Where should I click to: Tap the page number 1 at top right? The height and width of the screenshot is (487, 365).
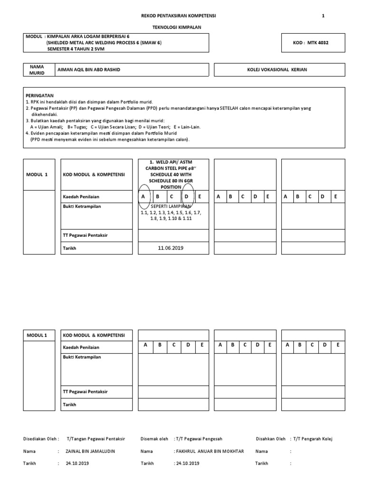click(323, 16)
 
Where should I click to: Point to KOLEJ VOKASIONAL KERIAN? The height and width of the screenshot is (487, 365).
click(277, 70)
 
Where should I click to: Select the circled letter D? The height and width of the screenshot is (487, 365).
click(187, 196)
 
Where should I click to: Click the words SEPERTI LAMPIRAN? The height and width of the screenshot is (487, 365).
click(170, 206)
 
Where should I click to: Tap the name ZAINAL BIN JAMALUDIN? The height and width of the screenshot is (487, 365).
click(90, 451)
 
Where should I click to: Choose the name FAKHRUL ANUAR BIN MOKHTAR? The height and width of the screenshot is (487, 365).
click(210, 451)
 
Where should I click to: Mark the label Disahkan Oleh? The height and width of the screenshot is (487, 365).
click(270, 438)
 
